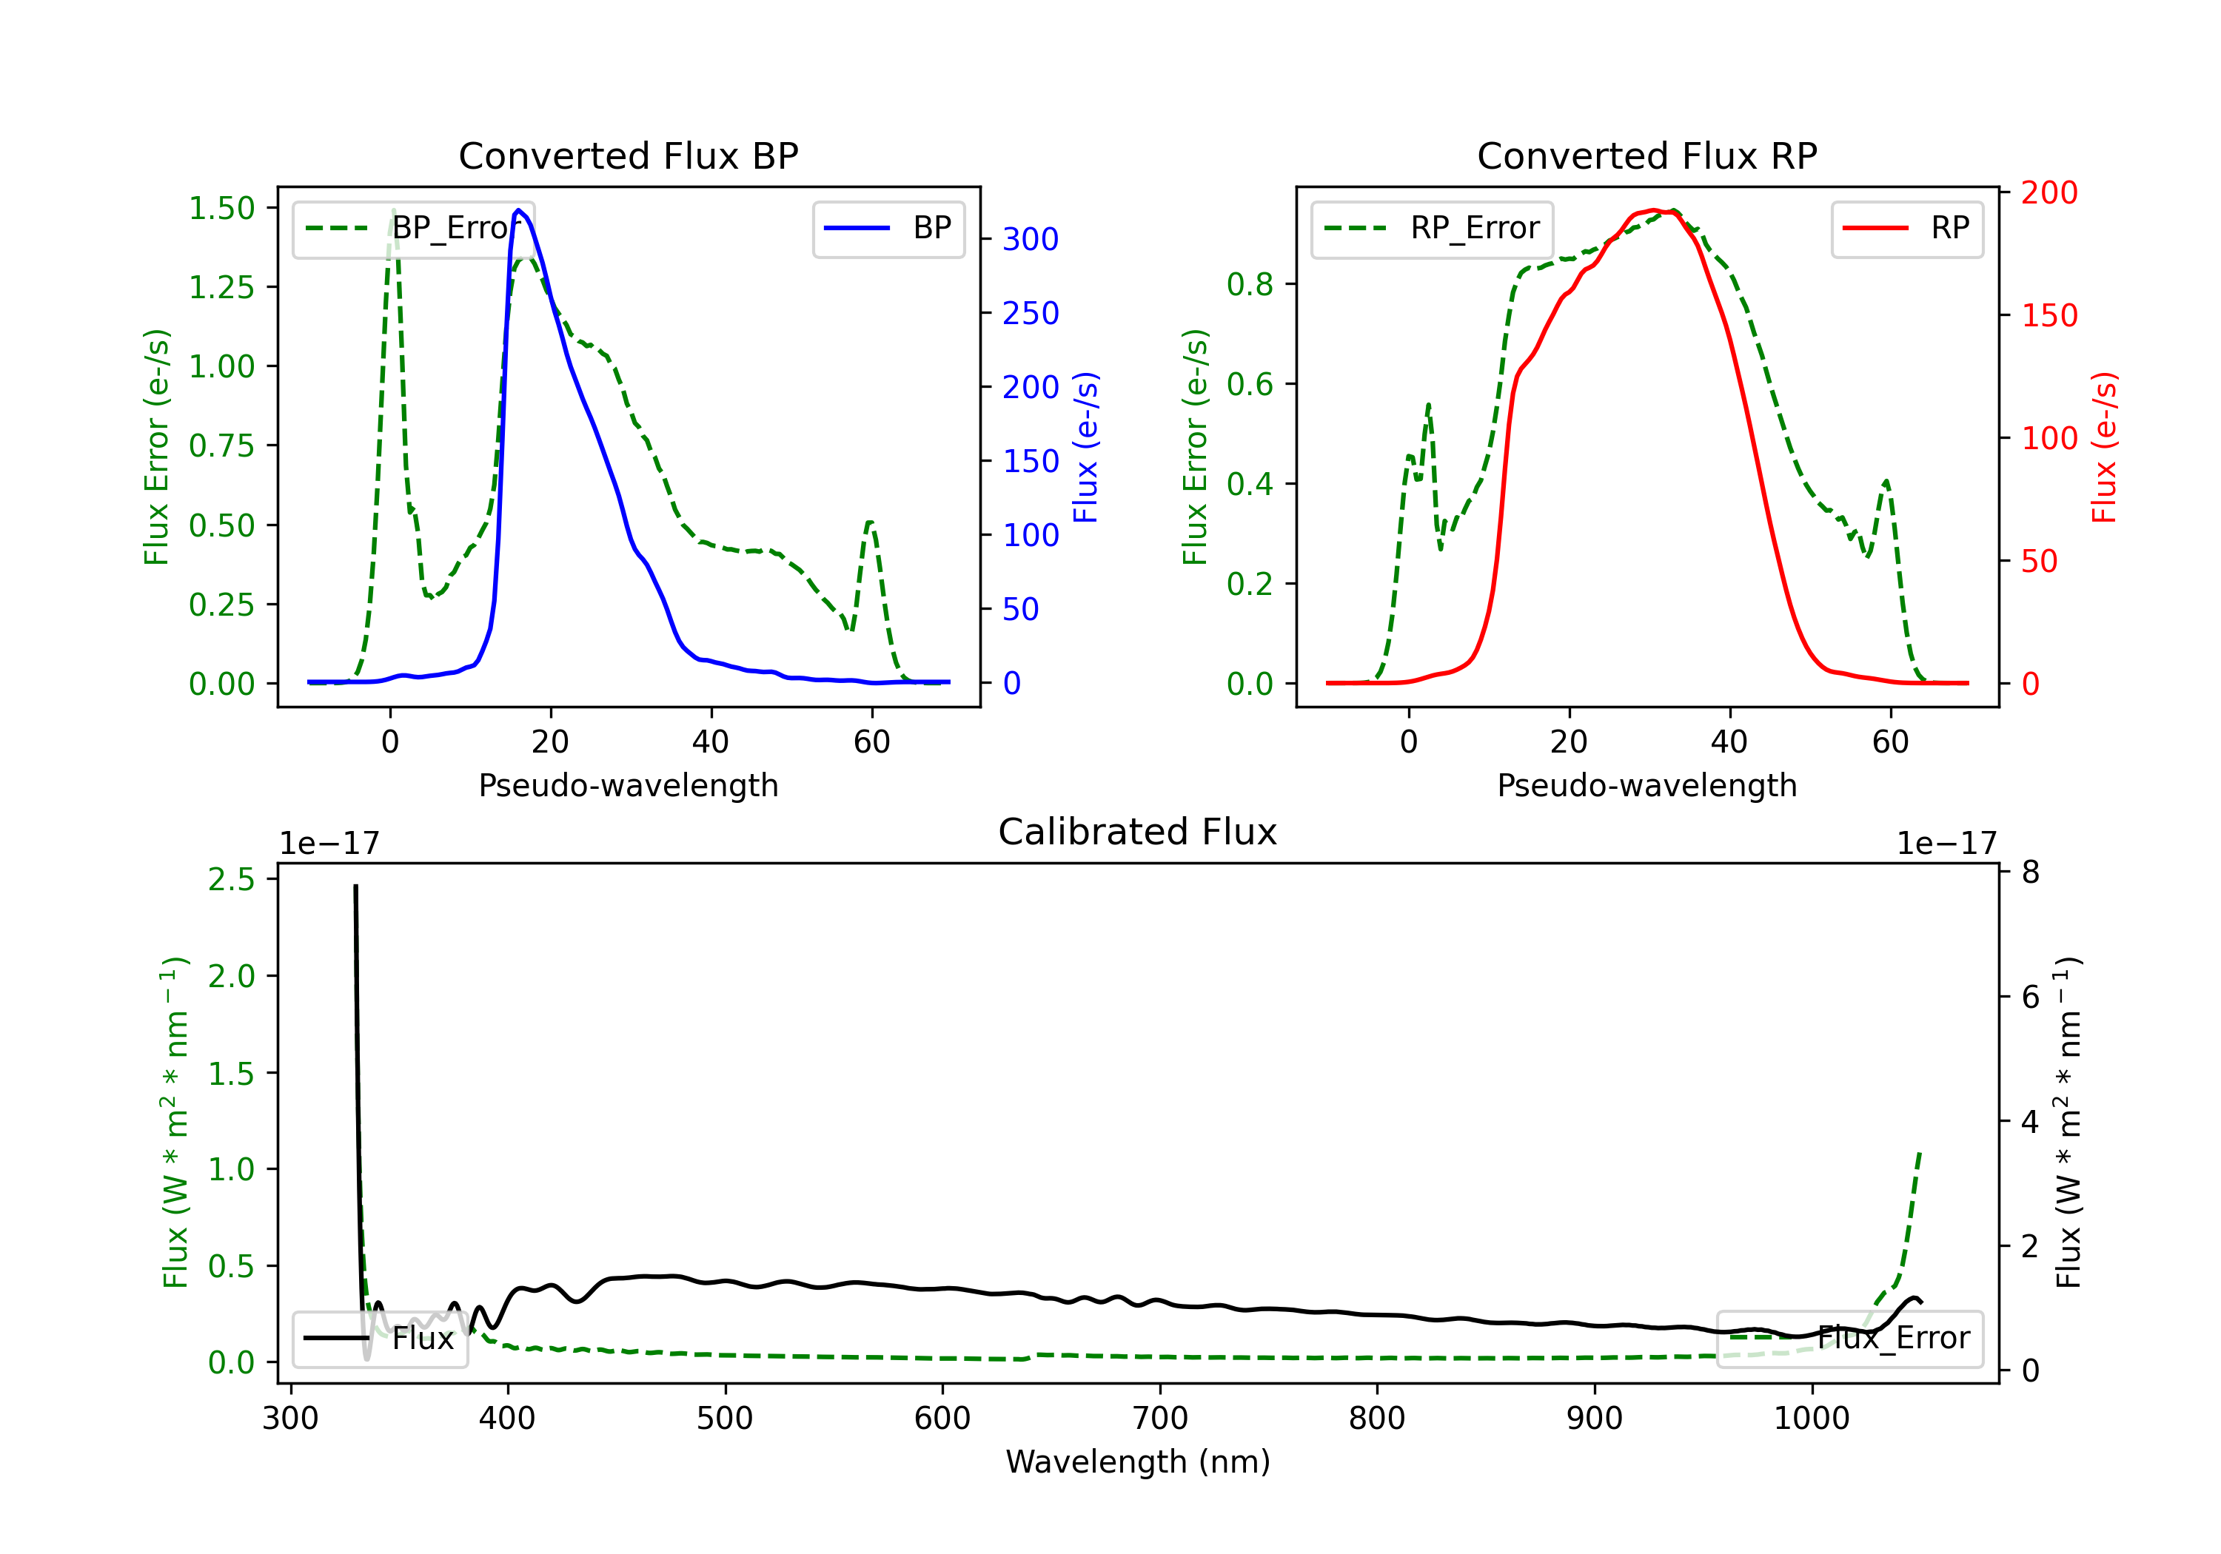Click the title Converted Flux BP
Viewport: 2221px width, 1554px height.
tap(628, 155)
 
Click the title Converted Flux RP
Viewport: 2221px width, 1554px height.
tap(1647, 155)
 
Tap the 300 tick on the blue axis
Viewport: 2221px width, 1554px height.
tap(1031, 239)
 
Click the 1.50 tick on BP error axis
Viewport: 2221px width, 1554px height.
tap(221, 208)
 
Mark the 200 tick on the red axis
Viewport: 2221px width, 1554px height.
tap(2049, 192)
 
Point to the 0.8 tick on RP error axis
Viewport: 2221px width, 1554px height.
tap(1249, 284)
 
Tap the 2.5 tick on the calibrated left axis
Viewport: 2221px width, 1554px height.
tap(231, 879)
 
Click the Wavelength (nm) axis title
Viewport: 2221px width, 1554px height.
tap(1138, 1461)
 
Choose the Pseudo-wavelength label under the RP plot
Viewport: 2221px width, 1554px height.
tap(1647, 785)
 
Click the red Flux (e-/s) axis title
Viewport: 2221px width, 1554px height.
tap(2104, 447)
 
